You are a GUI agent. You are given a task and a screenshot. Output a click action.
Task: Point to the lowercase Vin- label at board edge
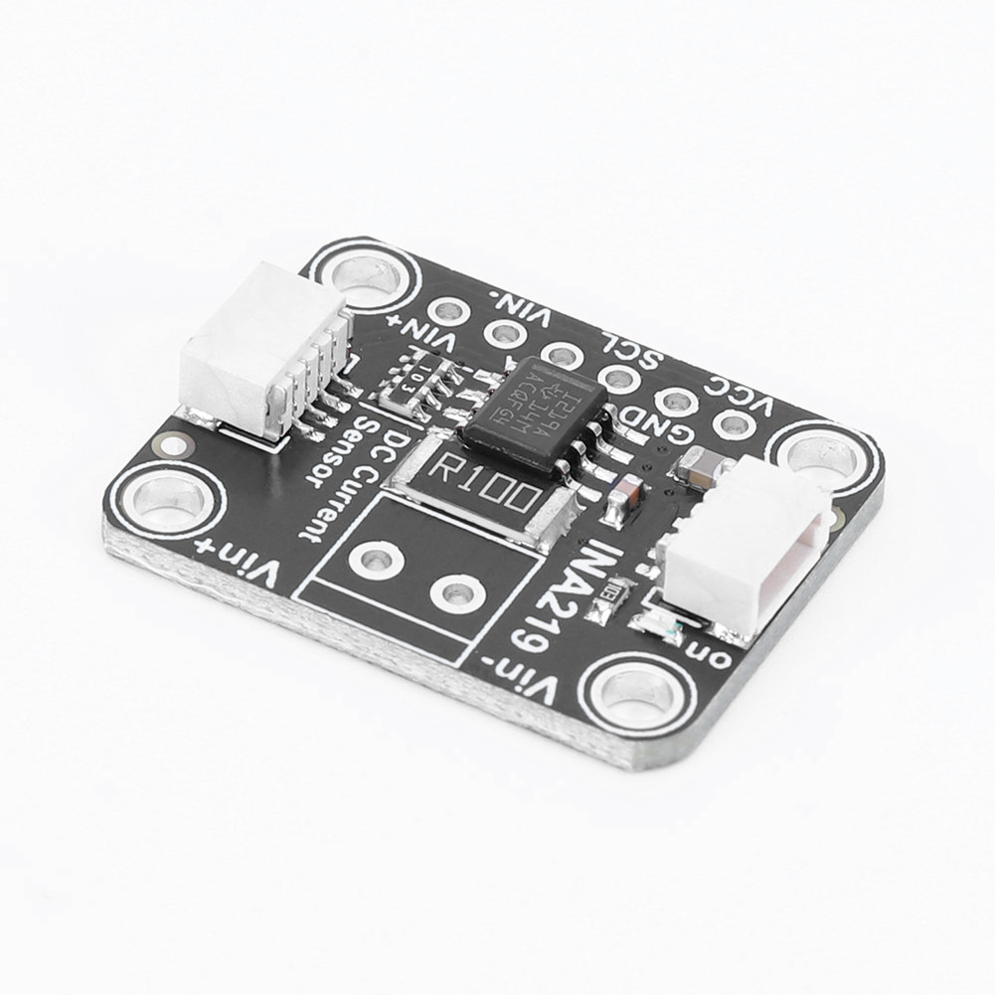click(534, 675)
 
